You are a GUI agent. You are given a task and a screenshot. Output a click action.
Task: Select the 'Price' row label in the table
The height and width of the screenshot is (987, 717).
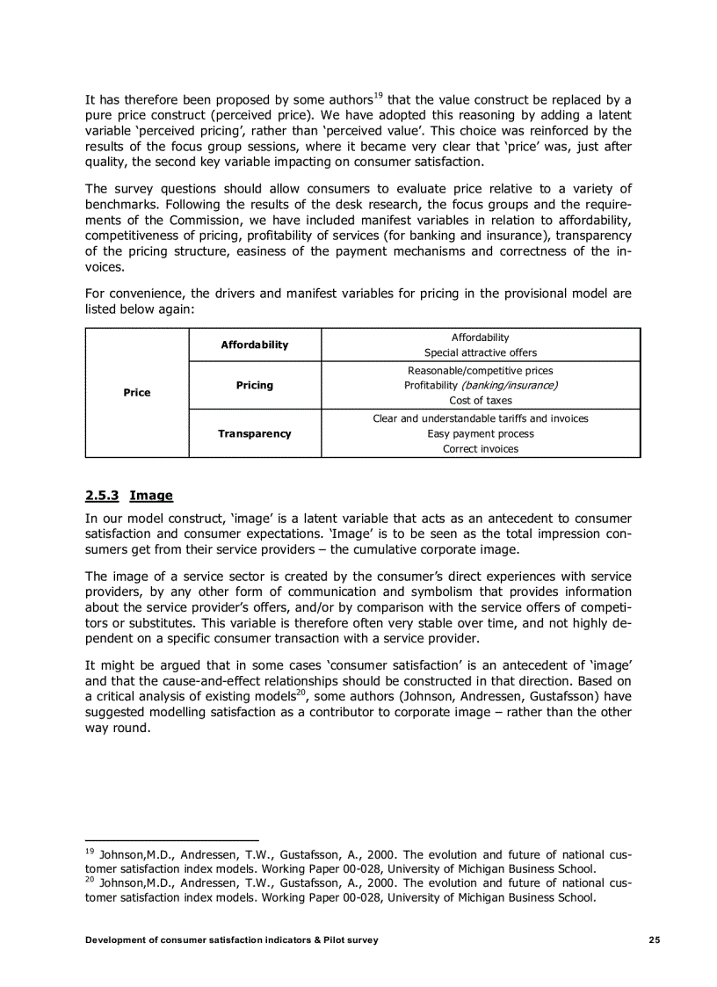[136, 393]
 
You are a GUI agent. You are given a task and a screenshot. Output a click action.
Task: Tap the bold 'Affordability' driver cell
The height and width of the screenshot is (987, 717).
[254, 345]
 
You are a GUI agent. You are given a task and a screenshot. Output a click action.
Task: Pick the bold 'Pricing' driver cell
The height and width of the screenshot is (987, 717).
[254, 385]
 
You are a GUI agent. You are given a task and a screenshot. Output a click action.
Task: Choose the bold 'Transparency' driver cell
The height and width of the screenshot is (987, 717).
[254, 433]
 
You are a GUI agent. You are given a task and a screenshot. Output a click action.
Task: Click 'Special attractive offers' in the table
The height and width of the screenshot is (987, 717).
[480, 352]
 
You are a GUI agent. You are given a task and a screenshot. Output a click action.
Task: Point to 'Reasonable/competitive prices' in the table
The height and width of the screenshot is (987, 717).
[480, 371]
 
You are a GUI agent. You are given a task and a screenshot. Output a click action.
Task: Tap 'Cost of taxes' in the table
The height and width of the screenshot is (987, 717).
[480, 400]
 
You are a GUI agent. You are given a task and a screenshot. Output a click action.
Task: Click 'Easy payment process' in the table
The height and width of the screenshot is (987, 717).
[480, 433]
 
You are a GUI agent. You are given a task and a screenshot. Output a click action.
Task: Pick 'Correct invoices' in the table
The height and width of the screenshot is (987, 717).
[480, 448]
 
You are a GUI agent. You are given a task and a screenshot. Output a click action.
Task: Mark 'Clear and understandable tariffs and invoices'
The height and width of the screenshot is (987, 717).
[480, 418]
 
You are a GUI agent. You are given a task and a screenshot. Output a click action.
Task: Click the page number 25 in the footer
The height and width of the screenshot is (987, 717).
[654, 940]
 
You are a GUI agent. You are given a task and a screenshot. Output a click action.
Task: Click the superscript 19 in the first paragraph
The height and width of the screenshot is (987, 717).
[379, 95]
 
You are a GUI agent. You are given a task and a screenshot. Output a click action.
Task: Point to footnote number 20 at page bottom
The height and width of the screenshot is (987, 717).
[90, 879]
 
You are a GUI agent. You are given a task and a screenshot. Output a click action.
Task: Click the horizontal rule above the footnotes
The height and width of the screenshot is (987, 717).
[171, 840]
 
